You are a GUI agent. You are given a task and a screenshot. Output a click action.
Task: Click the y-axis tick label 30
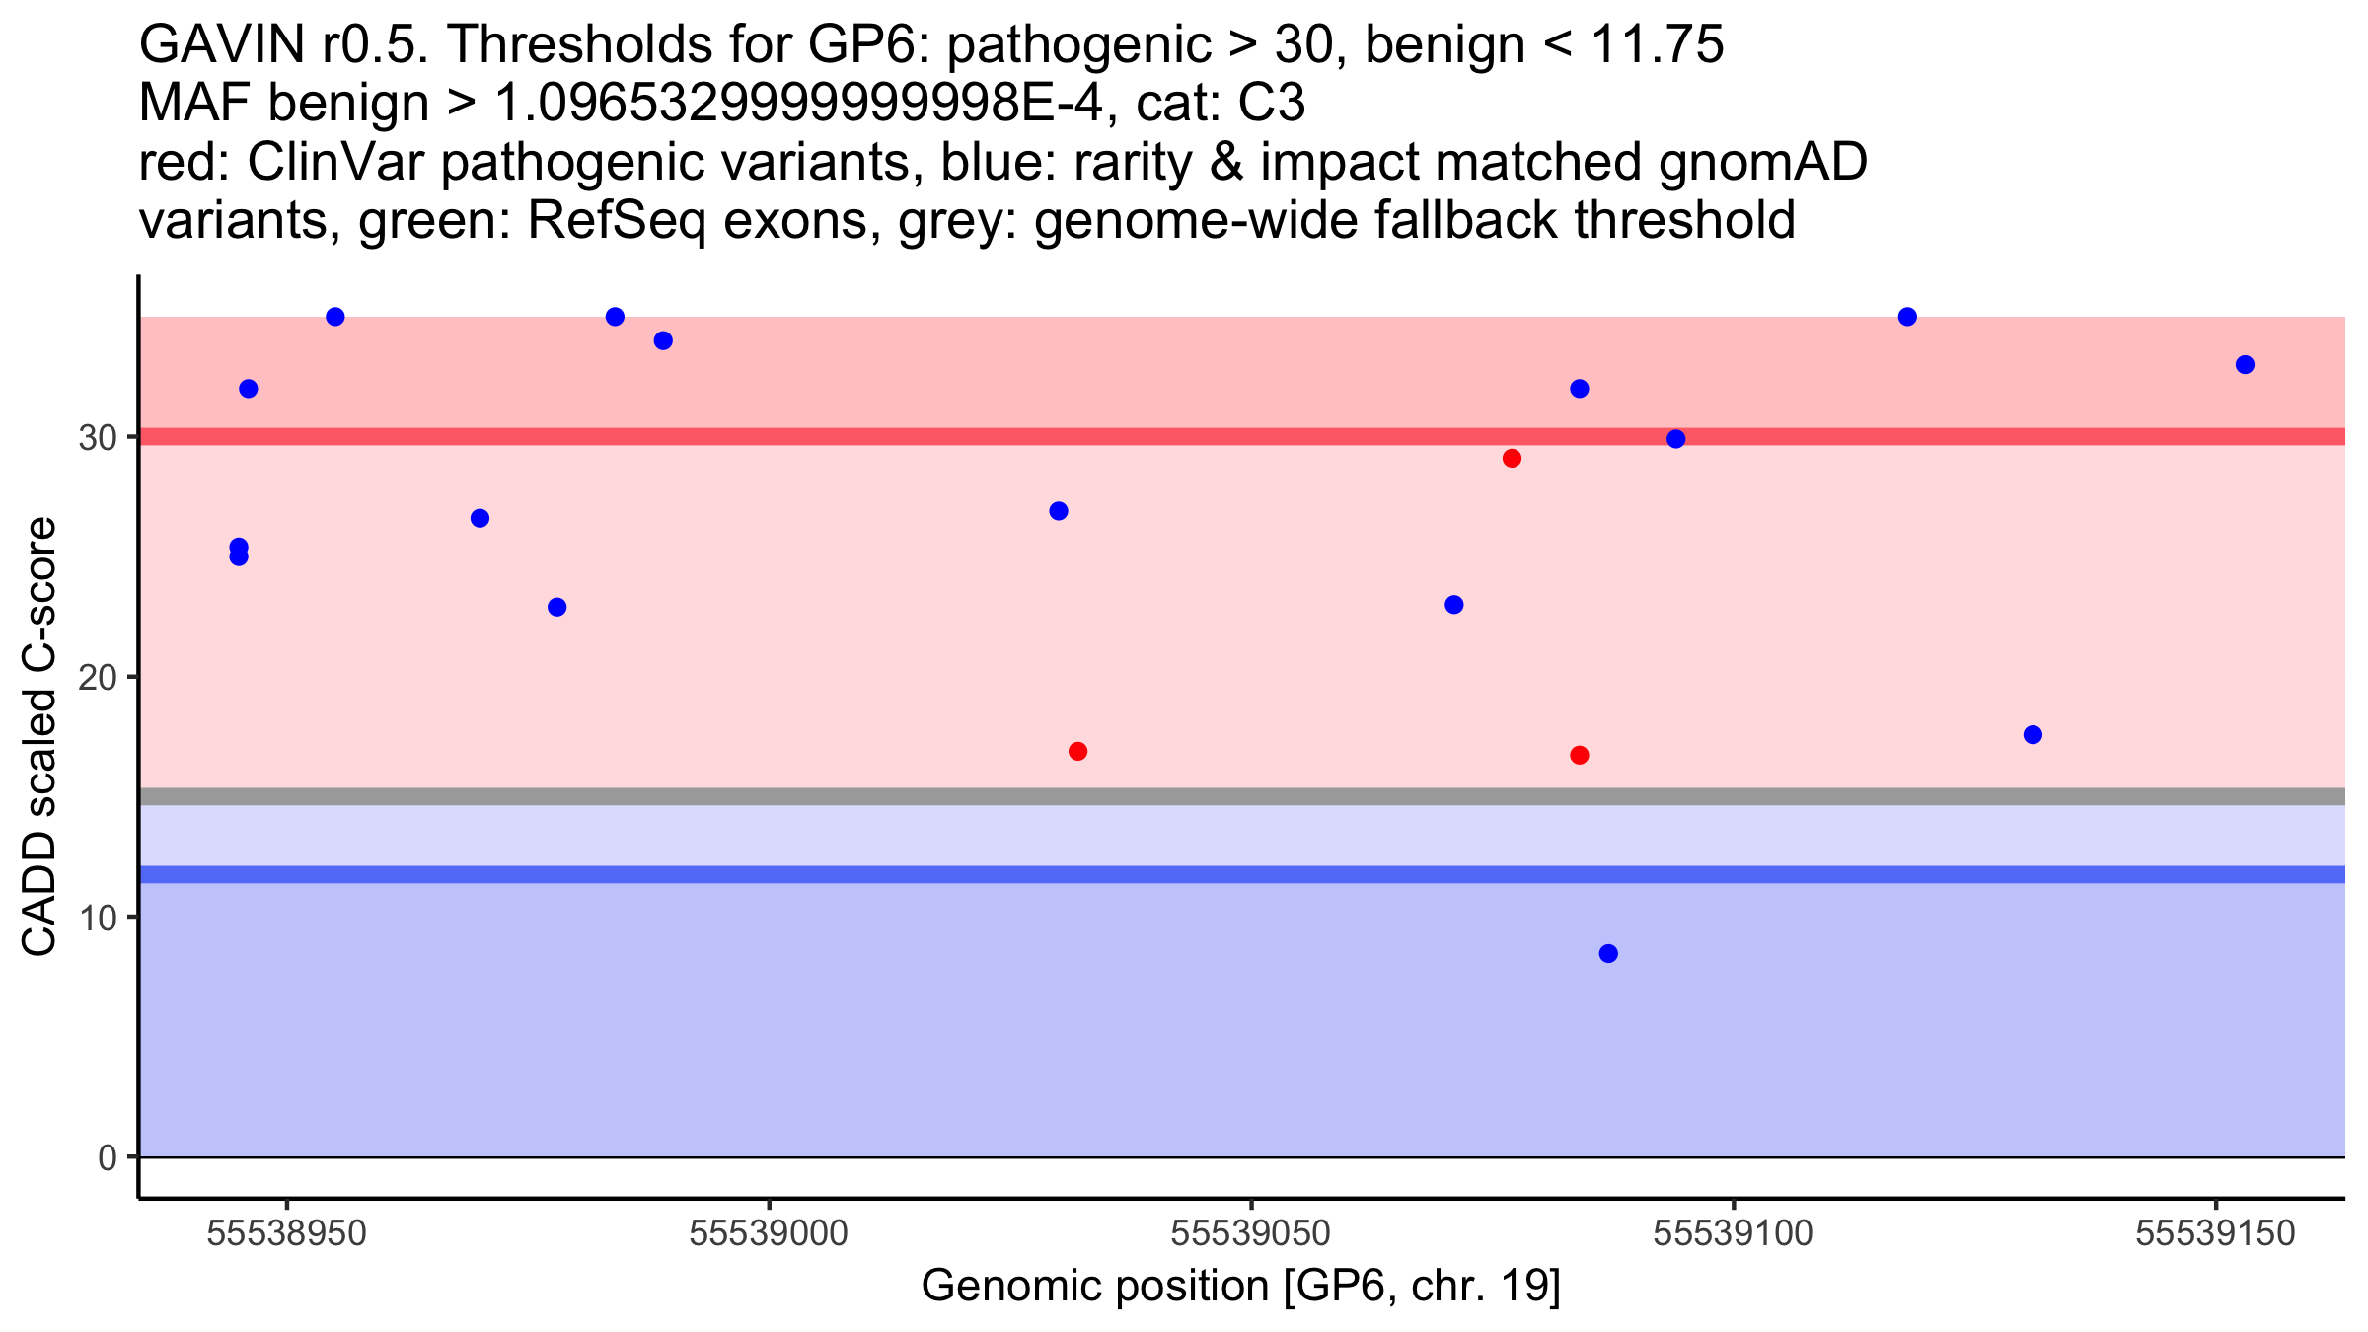click(x=97, y=437)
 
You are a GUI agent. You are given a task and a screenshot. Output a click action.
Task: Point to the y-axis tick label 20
click(x=97, y=678)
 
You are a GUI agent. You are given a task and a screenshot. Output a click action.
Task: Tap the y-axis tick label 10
click(x=97, y=918)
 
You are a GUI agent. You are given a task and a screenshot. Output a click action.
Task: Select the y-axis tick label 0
click(x=108, y=1157)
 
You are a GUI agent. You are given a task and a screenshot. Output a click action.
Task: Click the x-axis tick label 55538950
click(x=287, y=1233)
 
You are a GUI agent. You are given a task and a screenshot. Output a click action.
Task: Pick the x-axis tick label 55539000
click(x=769, y=1233)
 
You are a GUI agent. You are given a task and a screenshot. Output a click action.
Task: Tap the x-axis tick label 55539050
click(x=1251, y=1233)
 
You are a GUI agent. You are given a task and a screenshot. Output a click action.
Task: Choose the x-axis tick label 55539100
click(x=1734, y=1233)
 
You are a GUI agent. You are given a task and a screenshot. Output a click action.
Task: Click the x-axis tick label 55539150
click(x=2216, y=1233)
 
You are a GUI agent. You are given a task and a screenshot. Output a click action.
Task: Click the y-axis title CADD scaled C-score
click(x=39, y=737)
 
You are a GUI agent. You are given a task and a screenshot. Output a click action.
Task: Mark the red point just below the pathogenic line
click(x=1512, y=458)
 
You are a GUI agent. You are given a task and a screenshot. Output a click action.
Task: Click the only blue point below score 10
click(x=1608, y=953)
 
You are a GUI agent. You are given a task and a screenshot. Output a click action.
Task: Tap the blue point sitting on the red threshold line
click(x=1675, y=439)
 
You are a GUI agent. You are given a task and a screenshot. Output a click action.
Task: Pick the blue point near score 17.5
click(x=2033, y=735)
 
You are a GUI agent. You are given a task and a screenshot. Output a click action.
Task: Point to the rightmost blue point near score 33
click(x=2245, y=365)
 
